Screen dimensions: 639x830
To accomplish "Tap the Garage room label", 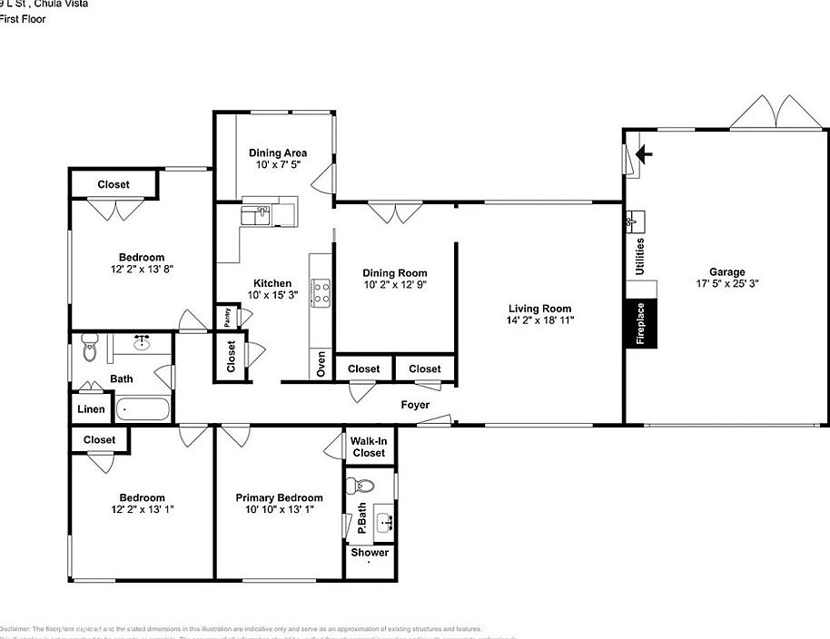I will (726, 271).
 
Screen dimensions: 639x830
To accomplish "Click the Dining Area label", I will (278, 153).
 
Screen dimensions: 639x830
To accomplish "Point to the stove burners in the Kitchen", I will (321, 290).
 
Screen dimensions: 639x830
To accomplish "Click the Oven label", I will (321, 363).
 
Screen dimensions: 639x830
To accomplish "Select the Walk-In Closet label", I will (369, 447).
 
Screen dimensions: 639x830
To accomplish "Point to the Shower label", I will (370, 553).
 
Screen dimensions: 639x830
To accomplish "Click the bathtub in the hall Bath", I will (143, 409).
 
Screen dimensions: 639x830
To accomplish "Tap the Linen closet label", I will (91, 409).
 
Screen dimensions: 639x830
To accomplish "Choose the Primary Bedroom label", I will (279, 497).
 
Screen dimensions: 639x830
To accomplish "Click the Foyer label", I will (416, 405).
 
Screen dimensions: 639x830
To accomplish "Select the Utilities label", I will (640, 257).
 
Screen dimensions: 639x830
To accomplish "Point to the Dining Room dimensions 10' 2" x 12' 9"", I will (394, 285).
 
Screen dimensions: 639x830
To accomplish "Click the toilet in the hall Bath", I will (89, 346).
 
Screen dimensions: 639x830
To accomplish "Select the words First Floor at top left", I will (22, 18).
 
